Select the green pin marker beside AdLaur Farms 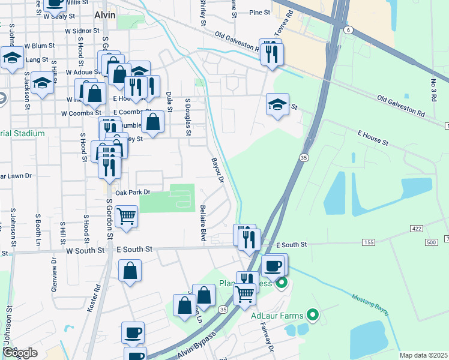(312, 314)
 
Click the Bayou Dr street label (217, 170)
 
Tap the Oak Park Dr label (128, 192)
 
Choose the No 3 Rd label (433, 89)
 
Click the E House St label (373, 139)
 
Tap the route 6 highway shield (348, 30)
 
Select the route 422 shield (417, 229)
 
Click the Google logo (20, 352)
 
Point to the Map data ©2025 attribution (423, 355)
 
